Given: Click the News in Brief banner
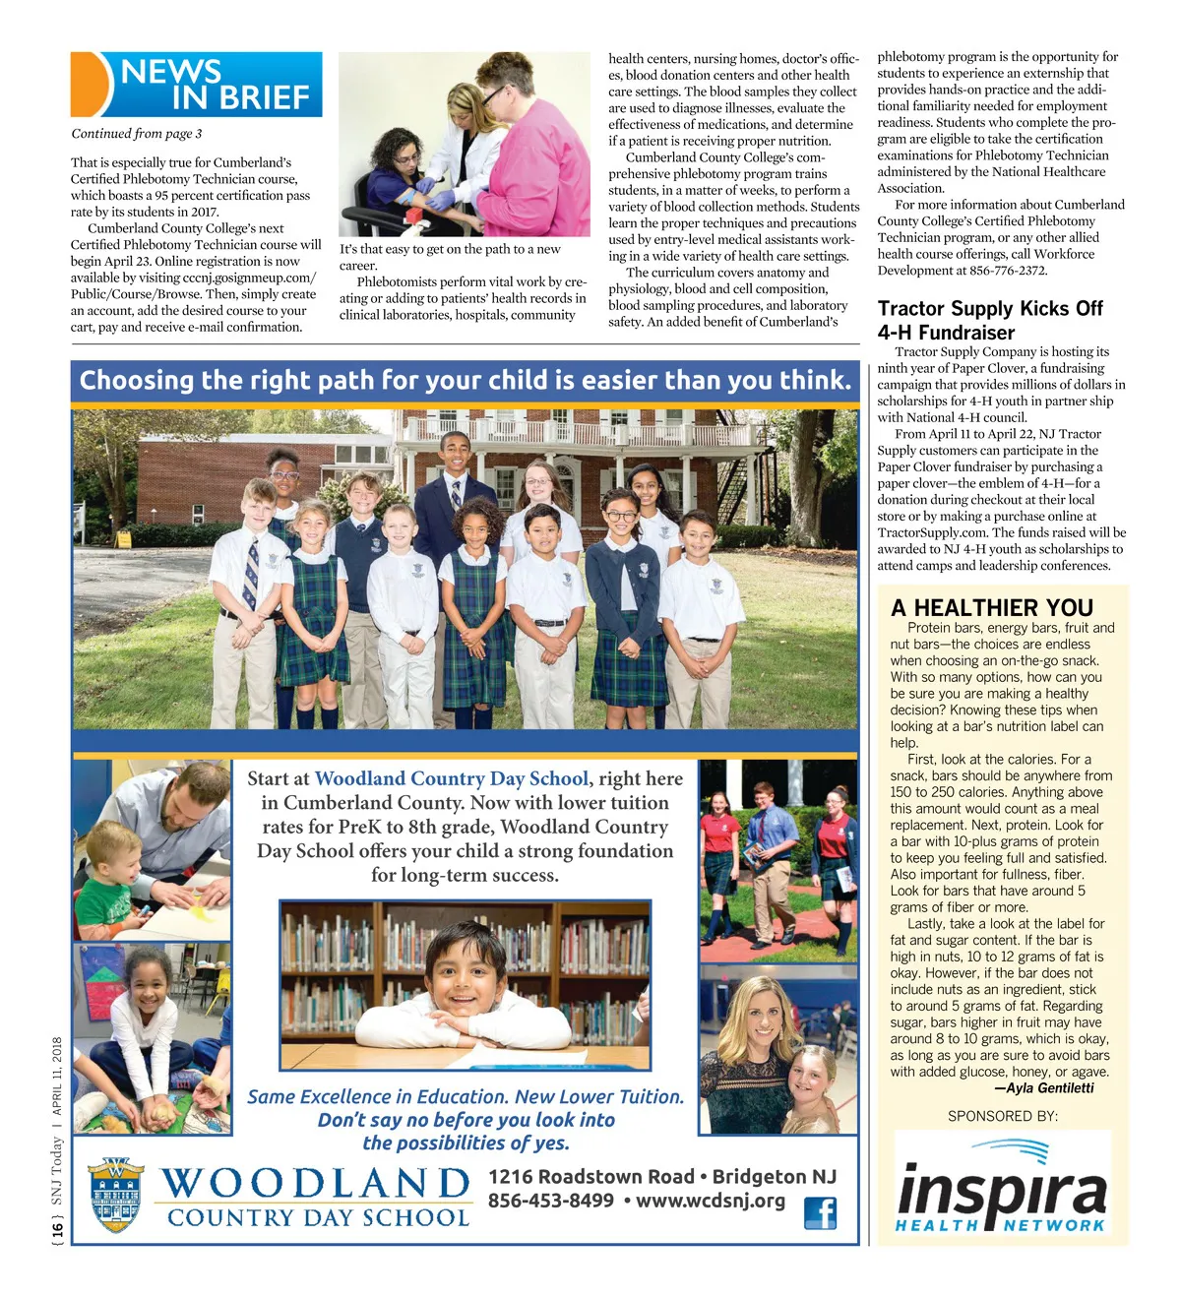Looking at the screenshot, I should (x=197, y=85).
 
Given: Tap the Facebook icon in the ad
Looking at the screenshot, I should (x=820, y=1212).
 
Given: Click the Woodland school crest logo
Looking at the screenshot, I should (x=116, y=1195).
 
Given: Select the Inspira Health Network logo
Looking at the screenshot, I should (x=1002, y=1188).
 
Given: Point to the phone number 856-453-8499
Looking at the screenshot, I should (x=550, y=1202).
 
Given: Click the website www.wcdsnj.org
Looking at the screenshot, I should (x=711, y=1202).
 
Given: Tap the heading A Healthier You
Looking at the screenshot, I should (x=992, y=607).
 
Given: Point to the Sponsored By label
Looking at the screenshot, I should (x=1002, y=1116).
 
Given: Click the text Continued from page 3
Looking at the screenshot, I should (x=137, y=134).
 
